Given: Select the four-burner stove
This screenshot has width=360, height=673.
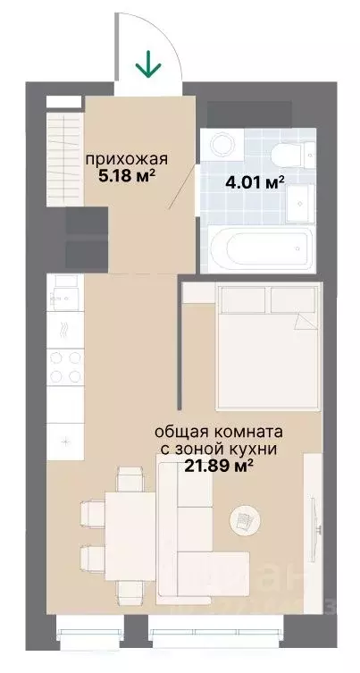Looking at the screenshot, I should (65, 366).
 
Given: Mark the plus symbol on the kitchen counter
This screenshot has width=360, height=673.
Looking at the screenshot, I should (64, 441).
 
